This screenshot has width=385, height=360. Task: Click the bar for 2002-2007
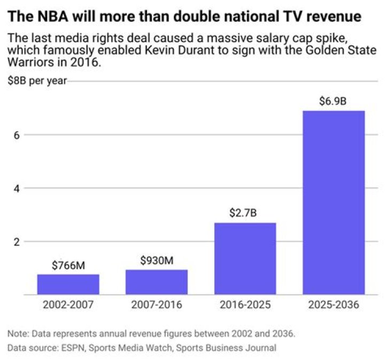(x=68, y=284)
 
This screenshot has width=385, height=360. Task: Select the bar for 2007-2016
(x=157, y=282)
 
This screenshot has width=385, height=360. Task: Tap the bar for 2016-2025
(x=245, y=259)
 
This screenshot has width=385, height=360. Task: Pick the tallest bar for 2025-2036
(x=333, y=202)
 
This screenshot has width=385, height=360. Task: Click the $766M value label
(x=68, y=265)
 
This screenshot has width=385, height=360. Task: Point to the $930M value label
(x=157, y=260)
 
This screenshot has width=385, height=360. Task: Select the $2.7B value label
(x=245, y=213)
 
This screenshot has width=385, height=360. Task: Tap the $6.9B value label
(x=333, y=101)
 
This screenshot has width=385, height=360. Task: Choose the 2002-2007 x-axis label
(x=68, y=306)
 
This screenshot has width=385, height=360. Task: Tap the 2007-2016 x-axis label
(x=157, y=306)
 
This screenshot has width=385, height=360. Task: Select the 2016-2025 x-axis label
(x=245, y=306)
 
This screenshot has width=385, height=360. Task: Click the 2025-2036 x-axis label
(x=333, y=306)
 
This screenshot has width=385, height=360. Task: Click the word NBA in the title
(x=52, y=17)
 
